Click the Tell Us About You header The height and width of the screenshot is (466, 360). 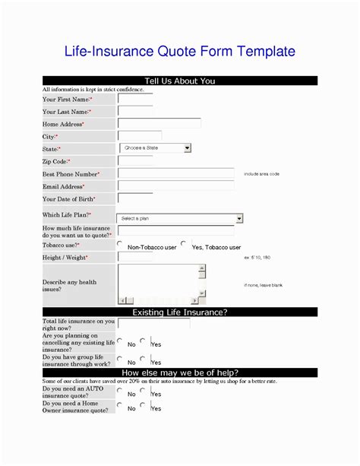pyautogui.click(x=180, y=81)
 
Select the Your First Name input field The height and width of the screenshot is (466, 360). pyautogui.click(x=135, y=99)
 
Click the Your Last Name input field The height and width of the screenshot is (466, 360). pyautogui.click(x=135, y=111)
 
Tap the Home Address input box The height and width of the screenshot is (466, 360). pyautogui.click(x=159, y=123)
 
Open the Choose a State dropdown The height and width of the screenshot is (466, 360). pyautogui.click(x=155, y=148)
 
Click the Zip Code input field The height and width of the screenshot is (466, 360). pyautogui.click(x=135, y=161)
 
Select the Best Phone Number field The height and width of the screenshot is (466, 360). pyautogui.click(x=175, y=173)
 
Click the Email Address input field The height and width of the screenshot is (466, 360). pyautogui.click(x=175, y=185)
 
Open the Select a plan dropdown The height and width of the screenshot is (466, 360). pyautogui.click(x=180, y=218)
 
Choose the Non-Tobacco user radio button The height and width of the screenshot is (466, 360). pyautogui.click(x=120, y=244)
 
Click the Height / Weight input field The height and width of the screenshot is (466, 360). pyautogui.click(x=175, y=257)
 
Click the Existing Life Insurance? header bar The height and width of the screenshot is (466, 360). pyautogui.click(x=180, y=312)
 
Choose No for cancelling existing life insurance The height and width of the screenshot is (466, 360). pyautogui.click(x=120, y=341)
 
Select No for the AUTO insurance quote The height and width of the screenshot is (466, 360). pyautogui.click(x=120, y=391)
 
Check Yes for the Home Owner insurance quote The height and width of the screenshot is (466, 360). pyautogui.click(x=143, y=405)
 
